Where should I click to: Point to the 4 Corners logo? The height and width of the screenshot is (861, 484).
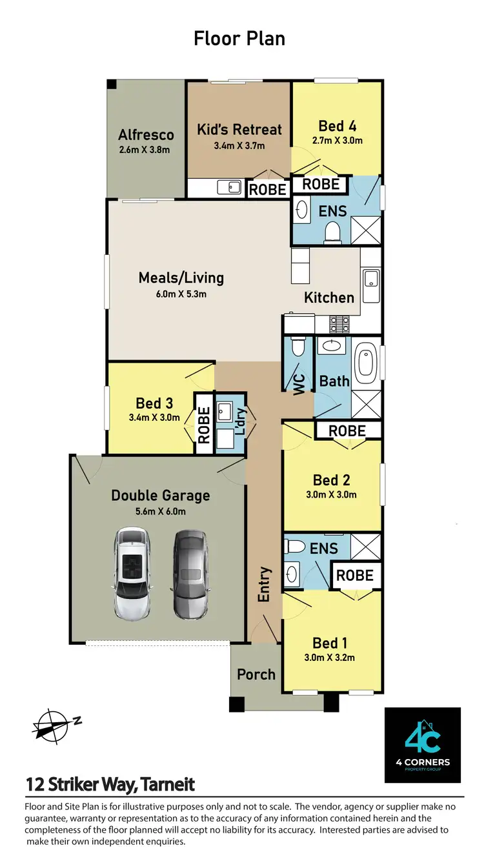pyautogui.click(x=423, y=745)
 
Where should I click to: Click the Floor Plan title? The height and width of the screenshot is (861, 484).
pyautogui.click(x=239, y=38)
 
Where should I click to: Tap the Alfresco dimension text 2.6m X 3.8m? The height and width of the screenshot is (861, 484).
pyautogui.click(x=146, y=150)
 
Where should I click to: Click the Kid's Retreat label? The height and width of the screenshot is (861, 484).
pyautogui.click(x=239, y=129)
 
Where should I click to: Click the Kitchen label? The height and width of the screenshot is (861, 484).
pyautogui.click(x=329, y=298)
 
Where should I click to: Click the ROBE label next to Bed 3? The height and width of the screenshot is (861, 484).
pyautogui.click(x=204, y=424)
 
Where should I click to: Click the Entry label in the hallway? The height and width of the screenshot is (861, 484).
pyautogui.click(x=265, y=585)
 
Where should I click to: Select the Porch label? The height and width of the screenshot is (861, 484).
pyautogui.click(x=256, y=674)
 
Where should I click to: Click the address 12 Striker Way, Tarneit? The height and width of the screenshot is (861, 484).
pyautogui.click(x=110, y=785)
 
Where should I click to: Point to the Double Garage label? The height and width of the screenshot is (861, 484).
pyautogui.click(x=160, y=496)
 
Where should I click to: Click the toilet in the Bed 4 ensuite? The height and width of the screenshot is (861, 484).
pyautogui.click(x=333, y=231)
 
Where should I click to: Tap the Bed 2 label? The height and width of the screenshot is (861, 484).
pyautogui.click(x=332, y=480)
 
